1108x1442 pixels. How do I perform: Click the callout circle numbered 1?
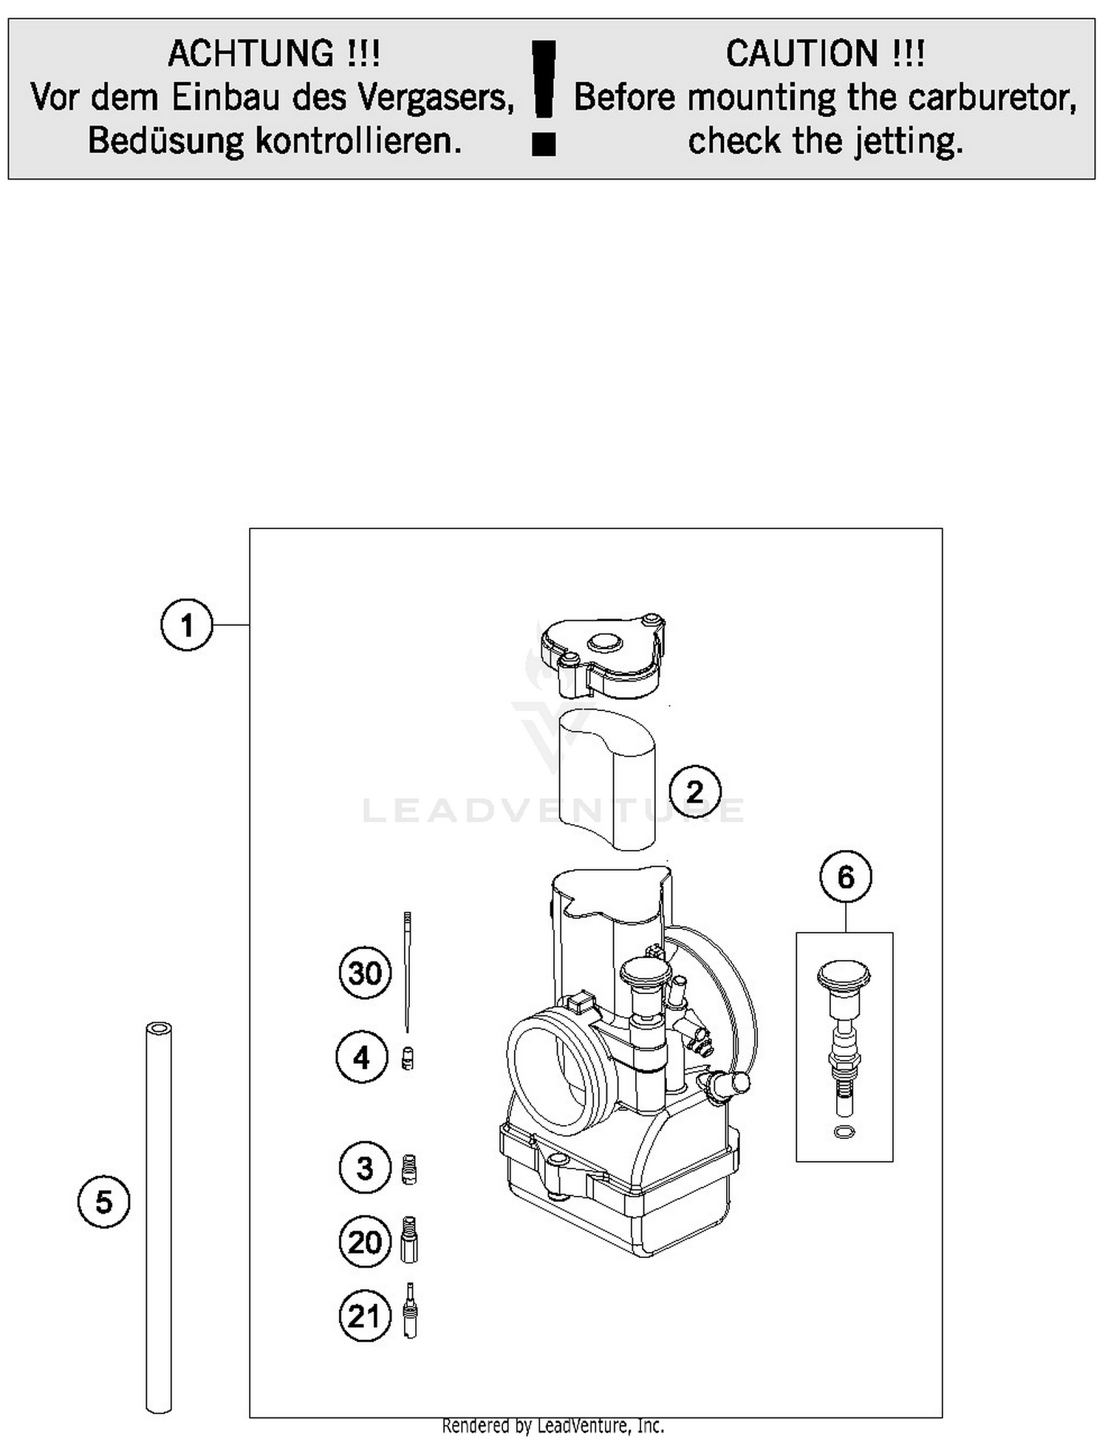(x=186, y=625)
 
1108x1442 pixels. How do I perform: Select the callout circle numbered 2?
(x=695, y=792)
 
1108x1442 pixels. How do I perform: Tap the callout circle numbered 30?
(x=365, y=973)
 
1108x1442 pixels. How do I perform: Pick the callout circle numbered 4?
(x=361, y=1058)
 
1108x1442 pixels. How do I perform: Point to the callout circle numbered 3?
(x=365, y=1169)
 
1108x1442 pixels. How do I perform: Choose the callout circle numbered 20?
(x=365, y=1242)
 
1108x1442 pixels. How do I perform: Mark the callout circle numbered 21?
(x=365, y=1316)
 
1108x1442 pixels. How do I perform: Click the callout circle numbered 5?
(x=103, y=1202)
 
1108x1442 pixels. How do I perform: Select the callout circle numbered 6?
(x=846, y=877)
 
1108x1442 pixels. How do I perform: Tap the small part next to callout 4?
(x=407, y=1058)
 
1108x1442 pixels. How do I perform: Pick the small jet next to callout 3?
(x=409, y=1169)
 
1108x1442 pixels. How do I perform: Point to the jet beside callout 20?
(x=410, y=1240)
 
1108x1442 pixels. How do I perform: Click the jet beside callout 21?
(x=411, y=1310)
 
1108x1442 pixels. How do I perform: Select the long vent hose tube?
(x=159, y=1220)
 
